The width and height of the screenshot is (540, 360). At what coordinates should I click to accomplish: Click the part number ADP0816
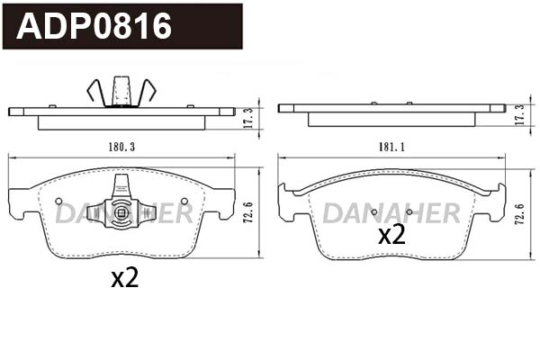tap(94, 26)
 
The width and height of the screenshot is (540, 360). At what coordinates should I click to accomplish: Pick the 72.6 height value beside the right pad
tap(518, 217)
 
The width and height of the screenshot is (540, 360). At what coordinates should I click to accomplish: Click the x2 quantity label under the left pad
tap(124, 279)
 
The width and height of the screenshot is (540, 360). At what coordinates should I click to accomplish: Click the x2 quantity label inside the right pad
tap(391, 236)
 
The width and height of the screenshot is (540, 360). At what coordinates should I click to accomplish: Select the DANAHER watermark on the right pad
tap(391, 212)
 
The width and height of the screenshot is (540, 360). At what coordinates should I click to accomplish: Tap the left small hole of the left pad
tap(58, 201)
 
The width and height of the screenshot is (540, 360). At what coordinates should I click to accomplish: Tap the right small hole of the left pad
tap(184, 201)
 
